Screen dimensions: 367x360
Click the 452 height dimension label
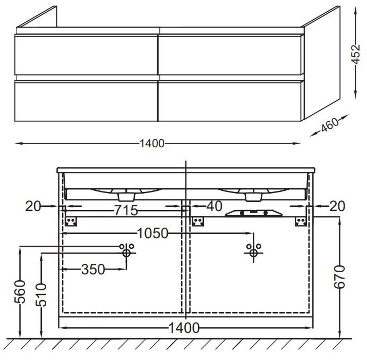tap(356, 54)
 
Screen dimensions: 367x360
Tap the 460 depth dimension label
tap(329, 124)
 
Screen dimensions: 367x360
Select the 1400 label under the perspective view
tap(152, 144)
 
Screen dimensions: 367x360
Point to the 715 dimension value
tap(126, 210)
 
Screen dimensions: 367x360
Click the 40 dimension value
tap(215, 206)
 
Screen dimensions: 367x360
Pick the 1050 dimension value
tap(152, 233)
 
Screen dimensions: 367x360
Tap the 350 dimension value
tap(93, 269)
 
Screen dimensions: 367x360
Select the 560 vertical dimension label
tap(20, 292)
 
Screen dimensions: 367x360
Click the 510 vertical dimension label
tap(41, 295)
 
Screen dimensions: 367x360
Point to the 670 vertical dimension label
tap(339, 277)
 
